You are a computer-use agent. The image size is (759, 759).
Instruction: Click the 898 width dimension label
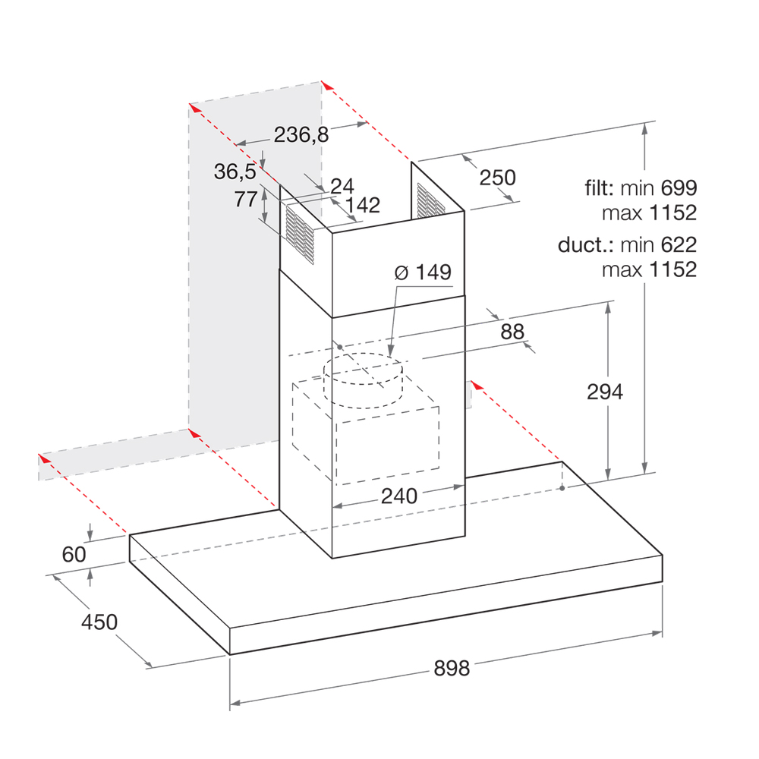(x=452, y=668)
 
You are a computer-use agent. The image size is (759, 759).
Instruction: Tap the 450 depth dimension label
(x=99, y=622)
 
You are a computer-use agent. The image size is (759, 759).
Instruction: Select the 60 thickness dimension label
(x=74, y=554)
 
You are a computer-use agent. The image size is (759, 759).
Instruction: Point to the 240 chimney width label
(x=399, y=496)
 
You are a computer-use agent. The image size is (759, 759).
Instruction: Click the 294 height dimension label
(x=605, y=392)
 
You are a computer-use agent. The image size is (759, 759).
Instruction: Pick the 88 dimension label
(x=512, y=332)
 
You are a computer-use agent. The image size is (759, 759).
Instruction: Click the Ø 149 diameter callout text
(x=423, y=272)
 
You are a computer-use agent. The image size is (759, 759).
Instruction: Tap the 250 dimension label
(x=498, y=178)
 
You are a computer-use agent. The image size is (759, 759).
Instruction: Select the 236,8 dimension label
(x=301, y=134)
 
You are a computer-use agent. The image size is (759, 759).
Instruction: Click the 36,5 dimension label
(x=235, y=172)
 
